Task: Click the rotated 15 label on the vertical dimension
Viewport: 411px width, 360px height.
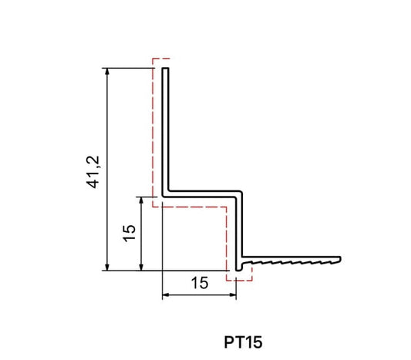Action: (129, 234)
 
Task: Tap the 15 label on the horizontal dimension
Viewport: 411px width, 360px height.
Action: (198, 283)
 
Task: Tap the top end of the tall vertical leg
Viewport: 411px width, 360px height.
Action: (165, 69)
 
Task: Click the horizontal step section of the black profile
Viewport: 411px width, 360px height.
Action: (204, 193)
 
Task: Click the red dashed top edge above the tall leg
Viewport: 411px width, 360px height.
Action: (161, 59)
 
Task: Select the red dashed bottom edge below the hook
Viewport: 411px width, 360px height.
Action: (240, 279)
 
